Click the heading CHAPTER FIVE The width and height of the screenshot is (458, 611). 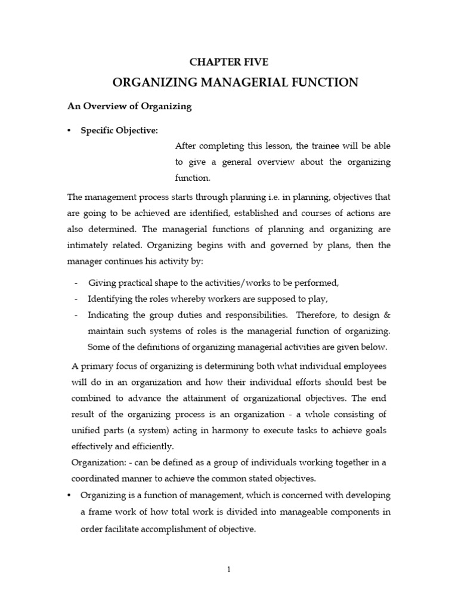coord(229,62)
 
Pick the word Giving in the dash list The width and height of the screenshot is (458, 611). coord(100,283)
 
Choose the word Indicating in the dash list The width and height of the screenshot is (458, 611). coord(108,314)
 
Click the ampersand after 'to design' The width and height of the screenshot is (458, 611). coord(387,314)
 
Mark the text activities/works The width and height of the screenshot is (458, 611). coord(242,283)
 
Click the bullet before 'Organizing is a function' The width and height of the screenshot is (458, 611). coord(70,495)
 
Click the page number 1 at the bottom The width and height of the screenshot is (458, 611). coord(228,570)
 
